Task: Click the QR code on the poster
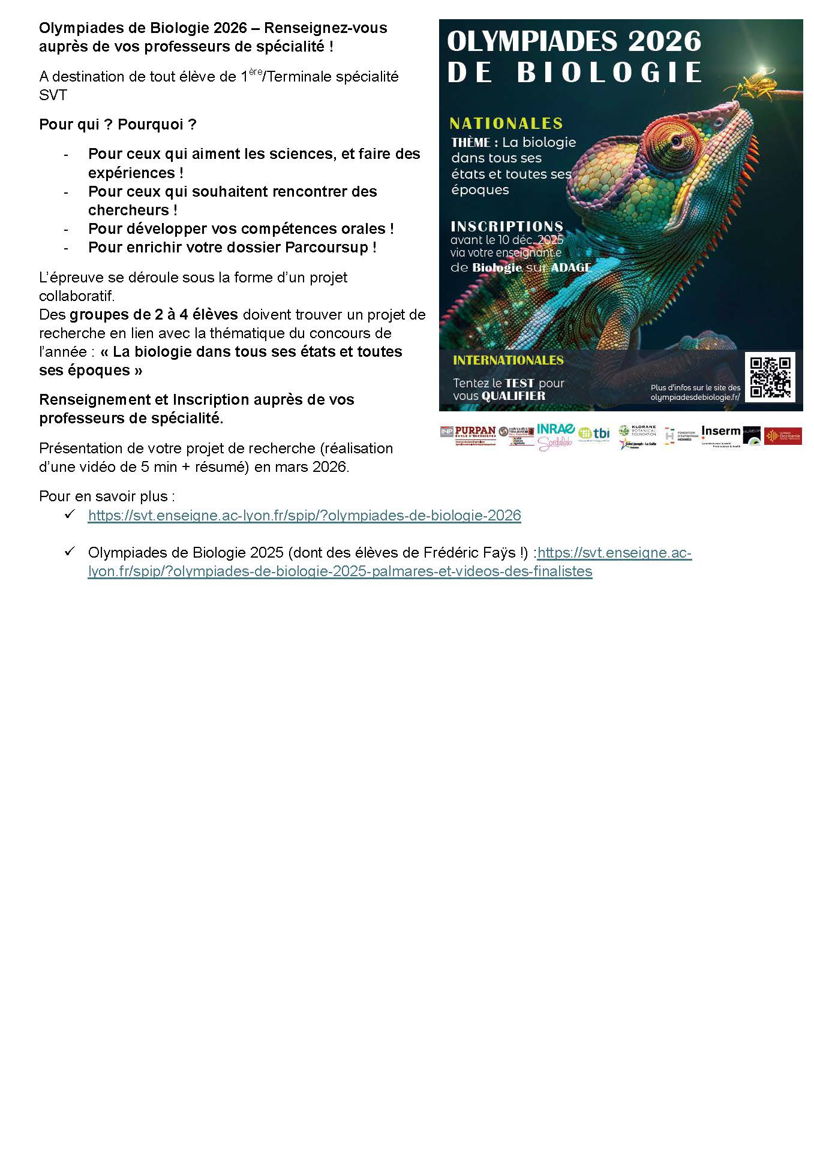(770, 377)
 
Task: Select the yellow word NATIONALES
(506, 124)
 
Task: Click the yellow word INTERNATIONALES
(507, 360)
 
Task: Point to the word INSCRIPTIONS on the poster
(506, 226)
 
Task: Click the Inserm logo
(720, 431)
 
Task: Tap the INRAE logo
(555, 429)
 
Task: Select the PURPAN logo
(474, 431)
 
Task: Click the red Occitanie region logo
(782, 436)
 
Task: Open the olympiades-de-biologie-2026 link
(304, 516)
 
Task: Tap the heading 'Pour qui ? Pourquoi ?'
(118, 125)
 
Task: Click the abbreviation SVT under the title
(53, 95)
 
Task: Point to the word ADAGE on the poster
(570, 268)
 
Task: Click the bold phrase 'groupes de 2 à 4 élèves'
(154, 315)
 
